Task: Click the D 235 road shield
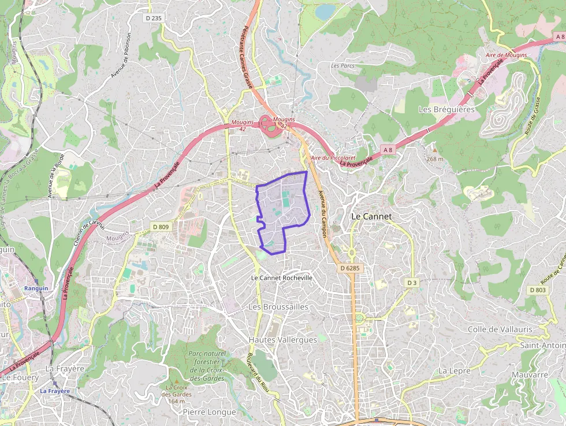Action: [x=154, y=18]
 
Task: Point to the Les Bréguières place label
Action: [x=446, y=109]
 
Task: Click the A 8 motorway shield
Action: [x=388, y=150]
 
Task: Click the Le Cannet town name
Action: [x=371, y=216]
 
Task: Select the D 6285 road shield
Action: [x=349, y=268]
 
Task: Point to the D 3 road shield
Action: [x=411, y=283]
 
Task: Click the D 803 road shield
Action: [x=537, y=290]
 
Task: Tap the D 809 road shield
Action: [x=161, y=227]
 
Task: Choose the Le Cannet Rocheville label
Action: [x=282, y=278]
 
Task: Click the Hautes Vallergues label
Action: [x=282, y=340]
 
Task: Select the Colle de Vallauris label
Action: [x=500, y=329]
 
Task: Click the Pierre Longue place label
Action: [x=209, y=412]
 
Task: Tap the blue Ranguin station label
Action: [x=35, y=288]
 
